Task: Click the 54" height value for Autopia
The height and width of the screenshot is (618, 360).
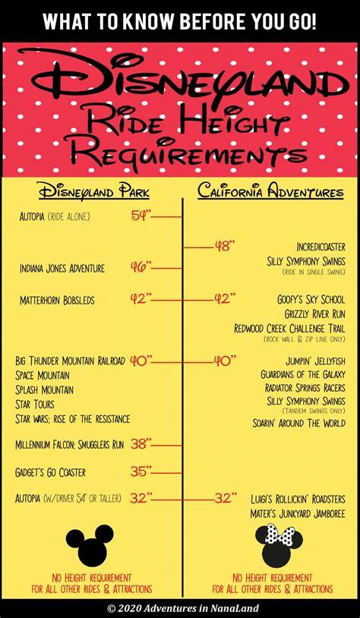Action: click(x=141, y=216)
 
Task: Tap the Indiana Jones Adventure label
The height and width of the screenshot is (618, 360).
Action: click(x=62, y=269)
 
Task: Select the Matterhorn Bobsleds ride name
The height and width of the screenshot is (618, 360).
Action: click(x=57, y=301)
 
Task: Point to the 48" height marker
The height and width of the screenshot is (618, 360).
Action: click(x=225, y=247)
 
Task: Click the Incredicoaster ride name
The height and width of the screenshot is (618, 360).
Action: click(x=321, y=247)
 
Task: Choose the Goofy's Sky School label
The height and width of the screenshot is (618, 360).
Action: click(x=311, y=300)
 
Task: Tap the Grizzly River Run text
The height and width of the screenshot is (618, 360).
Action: click(x=314, y=314)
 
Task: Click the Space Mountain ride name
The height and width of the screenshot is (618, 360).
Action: click(x=43, y=375)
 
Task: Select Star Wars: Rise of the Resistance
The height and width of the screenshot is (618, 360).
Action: click(x=73, y=418)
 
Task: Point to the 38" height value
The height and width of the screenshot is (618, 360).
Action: click(x=141, y=445)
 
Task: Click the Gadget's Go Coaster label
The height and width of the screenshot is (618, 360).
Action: click(x=50, y=472)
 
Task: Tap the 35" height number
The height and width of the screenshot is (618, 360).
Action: click(x=141, y=471)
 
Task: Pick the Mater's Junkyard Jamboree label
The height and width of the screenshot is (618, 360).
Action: click(x=298, y=513)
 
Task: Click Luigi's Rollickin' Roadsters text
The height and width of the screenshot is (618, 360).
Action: click(x=298, y=500)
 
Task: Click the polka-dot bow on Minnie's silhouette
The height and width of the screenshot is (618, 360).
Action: click(x=280, y=533)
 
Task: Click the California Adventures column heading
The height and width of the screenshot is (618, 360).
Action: click(x=270, y=191)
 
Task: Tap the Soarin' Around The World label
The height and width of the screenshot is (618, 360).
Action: click(x=299, y=424)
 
